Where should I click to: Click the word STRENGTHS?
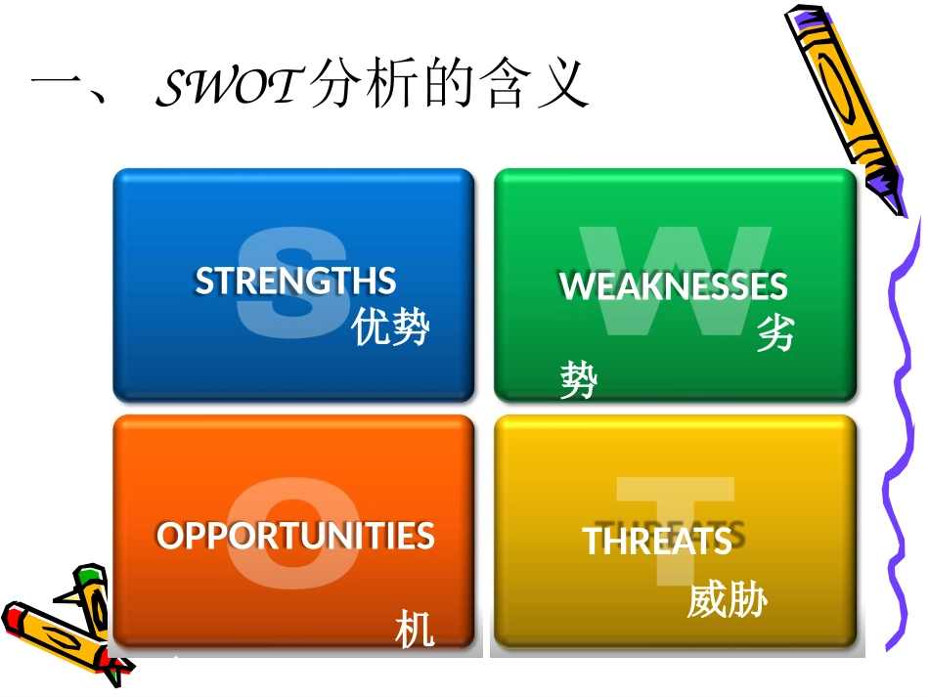(295, 282)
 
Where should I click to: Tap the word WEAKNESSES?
(673, 286)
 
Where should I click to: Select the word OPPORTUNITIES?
(295, 536)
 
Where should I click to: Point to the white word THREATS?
(657, 541)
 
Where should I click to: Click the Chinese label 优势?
(391, 327)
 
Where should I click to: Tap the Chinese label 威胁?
(727, 600)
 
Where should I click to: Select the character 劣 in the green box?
(775, 333)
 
